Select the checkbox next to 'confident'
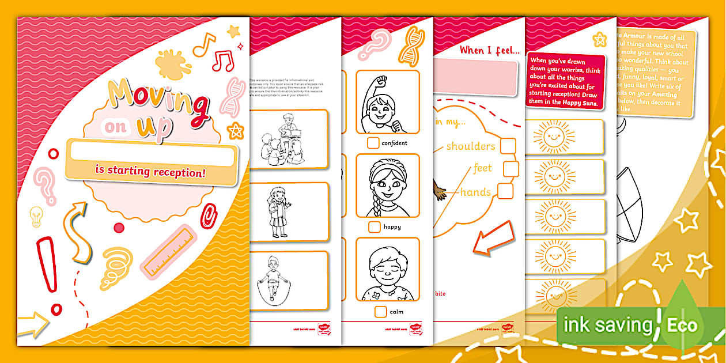[x=373, y=143]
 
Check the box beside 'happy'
[x=375, y=227]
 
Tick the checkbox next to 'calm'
[x=380, y=312]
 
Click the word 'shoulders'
[x=470, y=146]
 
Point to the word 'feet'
[x=482, y=168]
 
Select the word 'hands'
[x=475, y=192]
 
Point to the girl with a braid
[x=387, y=186]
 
